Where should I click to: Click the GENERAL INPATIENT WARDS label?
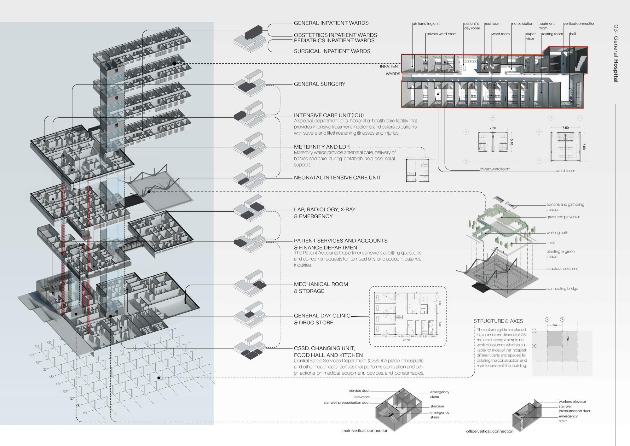pos(331,23)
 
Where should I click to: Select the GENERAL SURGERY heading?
pos(320,84)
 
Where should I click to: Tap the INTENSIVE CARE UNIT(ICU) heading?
pos(329,115)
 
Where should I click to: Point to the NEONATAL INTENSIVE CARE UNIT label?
pos(338,178)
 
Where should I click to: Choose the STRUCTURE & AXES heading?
pos(498,321)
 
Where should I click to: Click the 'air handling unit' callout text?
pos(426,24)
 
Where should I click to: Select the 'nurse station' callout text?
pos(523,24)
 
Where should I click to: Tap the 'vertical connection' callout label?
pos(579,24)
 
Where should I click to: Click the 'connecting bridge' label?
pos(562,289)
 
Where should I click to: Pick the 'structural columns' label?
pos(562,269)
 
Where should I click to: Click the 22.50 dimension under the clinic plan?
pos(406,340)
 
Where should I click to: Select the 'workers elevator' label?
pos(572,402)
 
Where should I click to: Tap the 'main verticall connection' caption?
pos(365,431)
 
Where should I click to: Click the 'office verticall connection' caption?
pos(490,431)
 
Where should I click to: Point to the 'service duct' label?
pos(359,390)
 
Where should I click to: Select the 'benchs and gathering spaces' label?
pos(565,207)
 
